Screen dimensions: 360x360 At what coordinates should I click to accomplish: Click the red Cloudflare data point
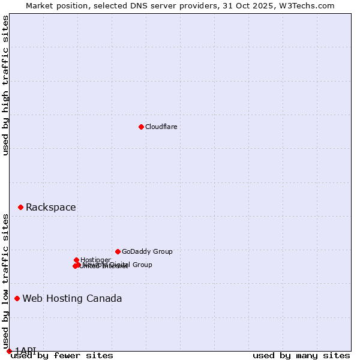coord(141,127)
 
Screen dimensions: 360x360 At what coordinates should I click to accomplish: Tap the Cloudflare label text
coord(161,127)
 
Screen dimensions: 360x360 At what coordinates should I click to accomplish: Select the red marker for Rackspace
coord(20,207)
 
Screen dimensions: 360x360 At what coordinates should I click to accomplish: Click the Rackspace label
coord(50,208)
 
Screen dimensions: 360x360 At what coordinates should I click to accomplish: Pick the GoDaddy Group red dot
coord(118,251)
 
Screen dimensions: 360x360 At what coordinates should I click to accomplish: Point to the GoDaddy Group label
coord(147,251)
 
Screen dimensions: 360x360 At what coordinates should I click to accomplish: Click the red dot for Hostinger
coord(76,260)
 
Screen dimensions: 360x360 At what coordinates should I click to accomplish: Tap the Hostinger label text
coord(95,260)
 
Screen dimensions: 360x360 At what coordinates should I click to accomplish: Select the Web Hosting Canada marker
coord(17,298)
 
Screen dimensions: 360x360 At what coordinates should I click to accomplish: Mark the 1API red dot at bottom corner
coord(9,351)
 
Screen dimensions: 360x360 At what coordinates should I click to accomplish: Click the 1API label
coord(25,350)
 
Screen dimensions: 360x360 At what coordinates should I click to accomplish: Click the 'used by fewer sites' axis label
coord(62,356)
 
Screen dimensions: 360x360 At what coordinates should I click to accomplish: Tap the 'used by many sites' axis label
coord(301,356)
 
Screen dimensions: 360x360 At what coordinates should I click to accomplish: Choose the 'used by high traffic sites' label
coord(6,85)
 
